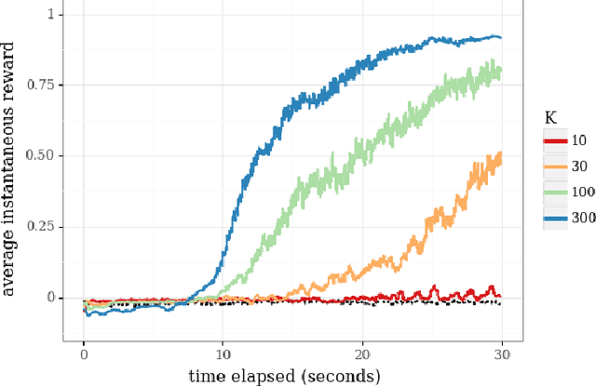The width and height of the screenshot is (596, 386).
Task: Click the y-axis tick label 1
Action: [x=61, y=15]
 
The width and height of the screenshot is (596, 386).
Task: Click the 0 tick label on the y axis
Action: [x=61, y=298]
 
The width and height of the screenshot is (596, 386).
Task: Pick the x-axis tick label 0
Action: [x=84, y=353]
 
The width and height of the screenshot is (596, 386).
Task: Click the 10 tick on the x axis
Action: [x=223, y=353]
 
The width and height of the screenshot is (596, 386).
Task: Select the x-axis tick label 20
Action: [x=362, y=353]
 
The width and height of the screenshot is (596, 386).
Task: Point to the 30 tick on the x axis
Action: [x=502, y=353]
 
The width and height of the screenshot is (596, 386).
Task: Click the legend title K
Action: [x=550, y=117]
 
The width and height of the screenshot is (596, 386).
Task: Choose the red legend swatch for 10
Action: [x=556, y=140]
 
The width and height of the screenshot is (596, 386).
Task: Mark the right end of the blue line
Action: [x=501, y=38]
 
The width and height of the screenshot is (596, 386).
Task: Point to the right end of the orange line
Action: [x=501, y=154]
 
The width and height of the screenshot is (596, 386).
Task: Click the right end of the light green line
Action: [x=501, y=70]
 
